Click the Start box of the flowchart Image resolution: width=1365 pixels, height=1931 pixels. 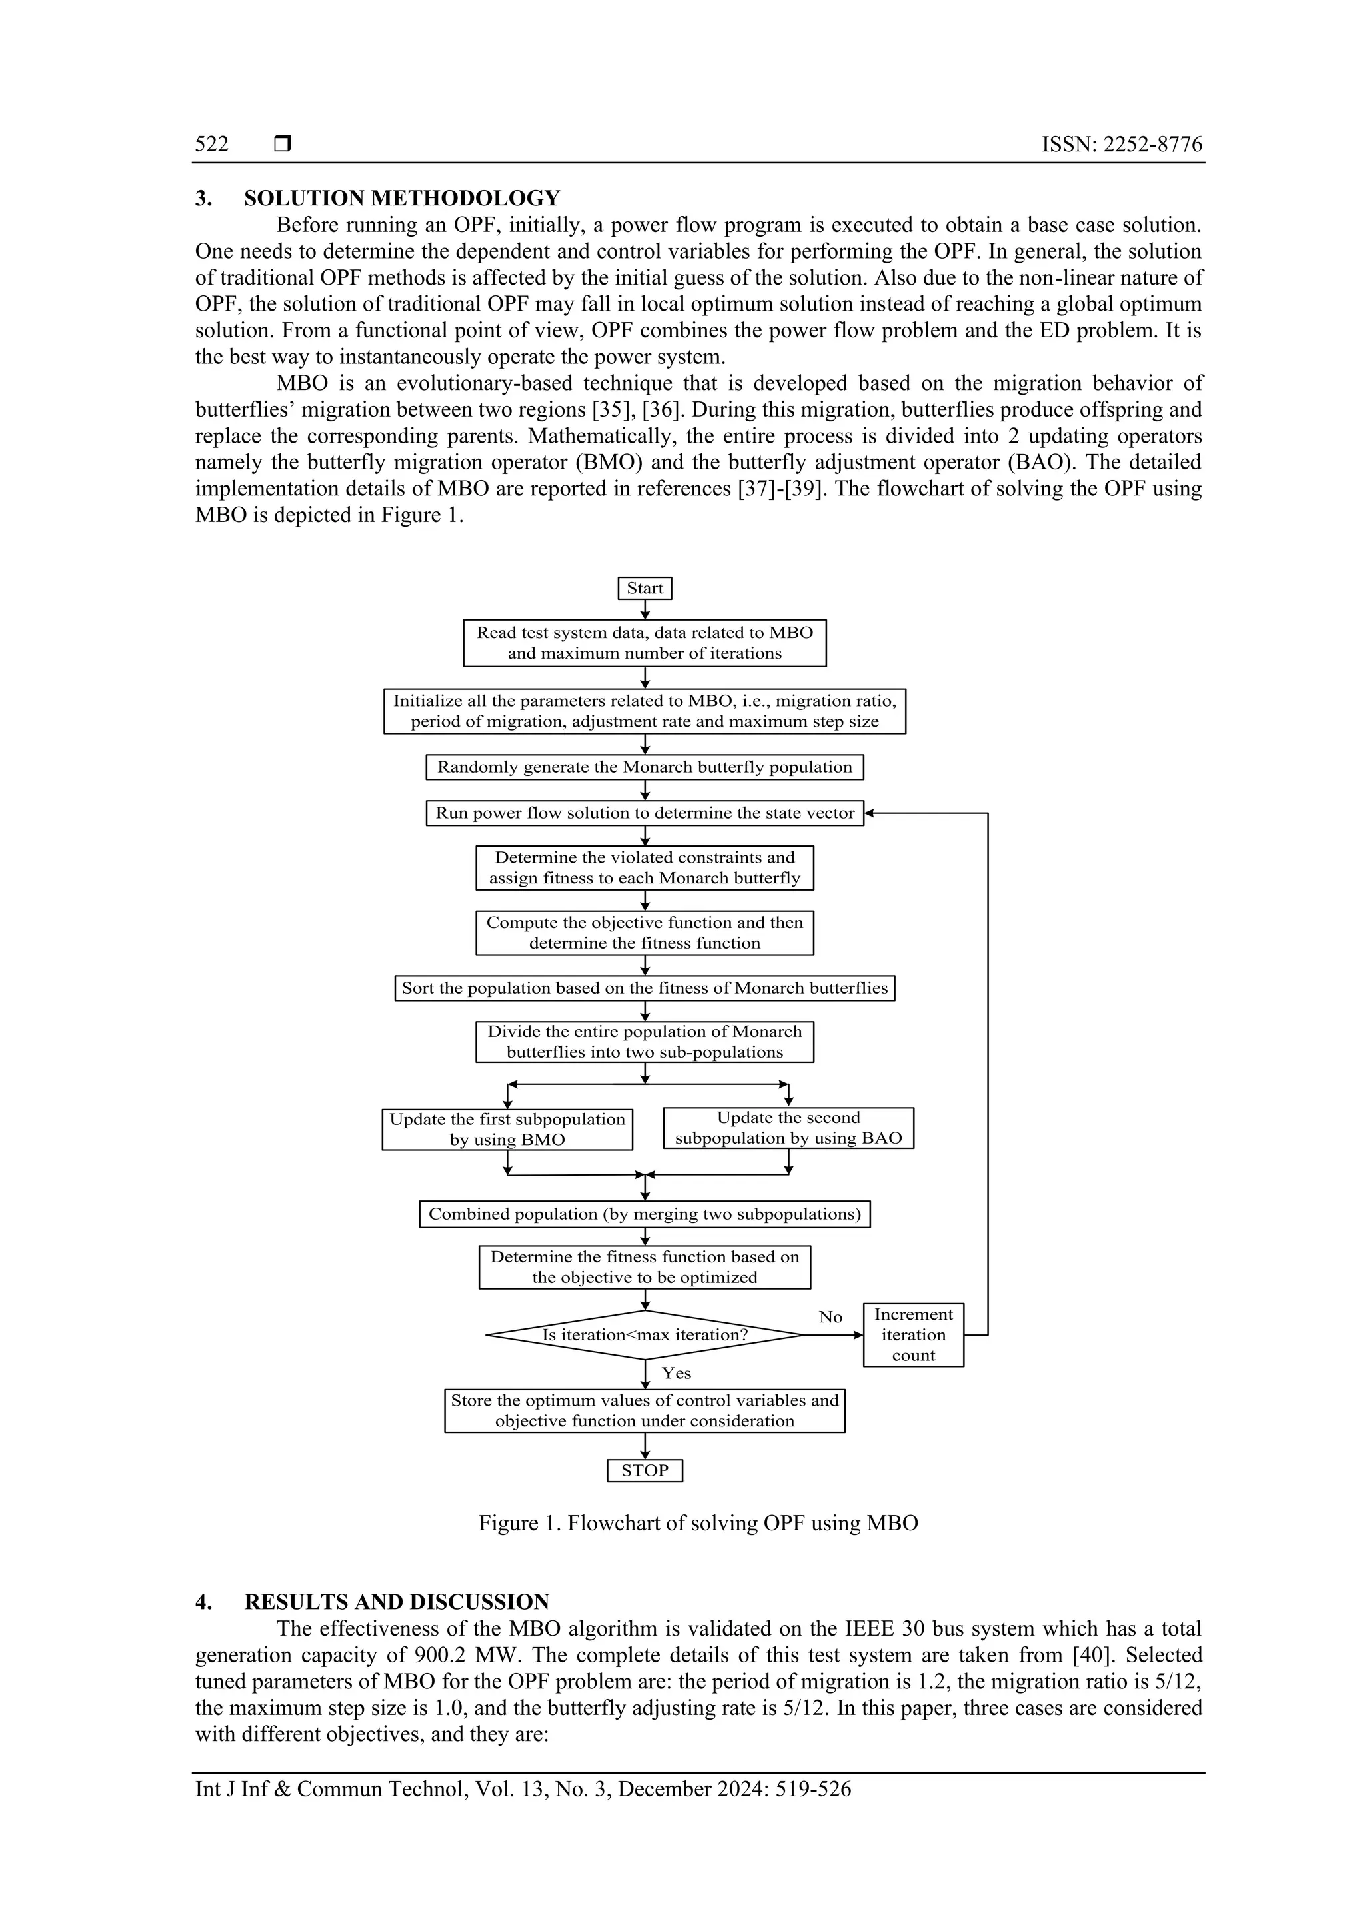[x=645, y=588]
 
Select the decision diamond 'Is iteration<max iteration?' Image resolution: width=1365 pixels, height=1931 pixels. [x=645, y=1334]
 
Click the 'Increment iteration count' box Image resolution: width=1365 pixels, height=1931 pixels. [x=913, y=1334]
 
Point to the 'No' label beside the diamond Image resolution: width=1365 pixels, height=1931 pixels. [x=830, y=1317]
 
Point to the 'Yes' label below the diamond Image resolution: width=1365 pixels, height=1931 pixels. [x=677, y=1373]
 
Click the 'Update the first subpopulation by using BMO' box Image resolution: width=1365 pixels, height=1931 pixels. [x=507, y=1130]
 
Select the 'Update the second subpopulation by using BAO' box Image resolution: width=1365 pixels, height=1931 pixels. [x=788, y=1128]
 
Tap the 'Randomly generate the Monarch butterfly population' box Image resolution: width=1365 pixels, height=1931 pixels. [x=645, y=767]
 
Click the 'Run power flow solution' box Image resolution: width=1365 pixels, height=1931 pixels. [x=645, y=813]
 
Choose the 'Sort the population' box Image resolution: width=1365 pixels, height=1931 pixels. [x=645, y=988]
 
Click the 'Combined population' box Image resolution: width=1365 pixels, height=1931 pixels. [x=645, y=1214]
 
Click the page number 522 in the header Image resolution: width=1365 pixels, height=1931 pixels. [x=212, y=144]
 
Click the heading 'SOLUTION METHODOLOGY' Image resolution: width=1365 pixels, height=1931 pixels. [x=401, y=199]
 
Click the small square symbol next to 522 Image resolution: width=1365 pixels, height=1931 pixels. [x=283, y=144]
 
